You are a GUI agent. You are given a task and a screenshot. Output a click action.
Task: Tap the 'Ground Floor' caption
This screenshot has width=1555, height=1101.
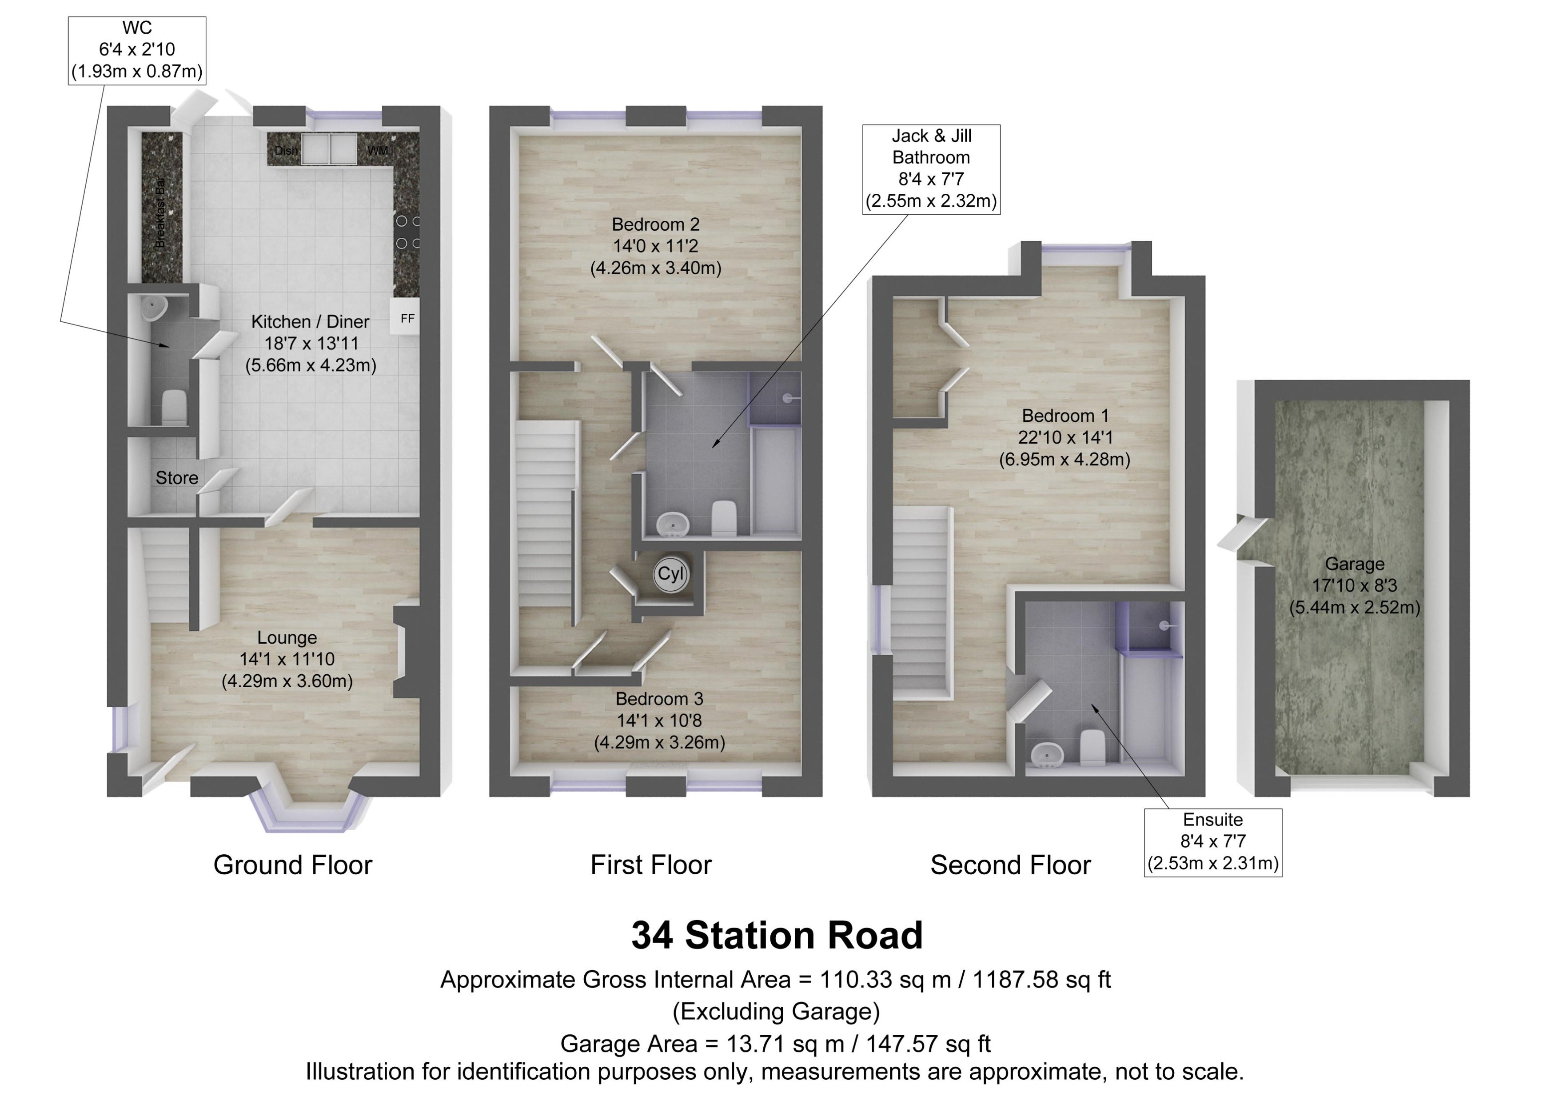[293, 865]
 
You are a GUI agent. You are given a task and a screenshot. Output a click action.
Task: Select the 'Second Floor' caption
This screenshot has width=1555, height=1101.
[1010, 865]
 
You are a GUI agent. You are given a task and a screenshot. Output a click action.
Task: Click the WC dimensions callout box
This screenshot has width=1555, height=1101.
[137, 50]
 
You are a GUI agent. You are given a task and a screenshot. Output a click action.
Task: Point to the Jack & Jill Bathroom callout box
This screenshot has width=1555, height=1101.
[931, 169]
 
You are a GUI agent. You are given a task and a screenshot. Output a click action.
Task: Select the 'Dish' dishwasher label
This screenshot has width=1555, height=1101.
[286, 151]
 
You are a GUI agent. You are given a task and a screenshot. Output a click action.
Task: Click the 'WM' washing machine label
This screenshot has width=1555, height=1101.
[377, 150]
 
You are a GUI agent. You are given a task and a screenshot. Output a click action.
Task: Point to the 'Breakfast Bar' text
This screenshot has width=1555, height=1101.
[160, 212]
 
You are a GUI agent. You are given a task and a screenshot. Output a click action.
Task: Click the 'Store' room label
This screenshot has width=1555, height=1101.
[177, 478]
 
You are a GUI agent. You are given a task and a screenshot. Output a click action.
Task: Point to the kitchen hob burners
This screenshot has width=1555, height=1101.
[407, 232]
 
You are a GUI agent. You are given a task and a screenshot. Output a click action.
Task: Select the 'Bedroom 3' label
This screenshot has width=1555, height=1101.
[659, 699]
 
